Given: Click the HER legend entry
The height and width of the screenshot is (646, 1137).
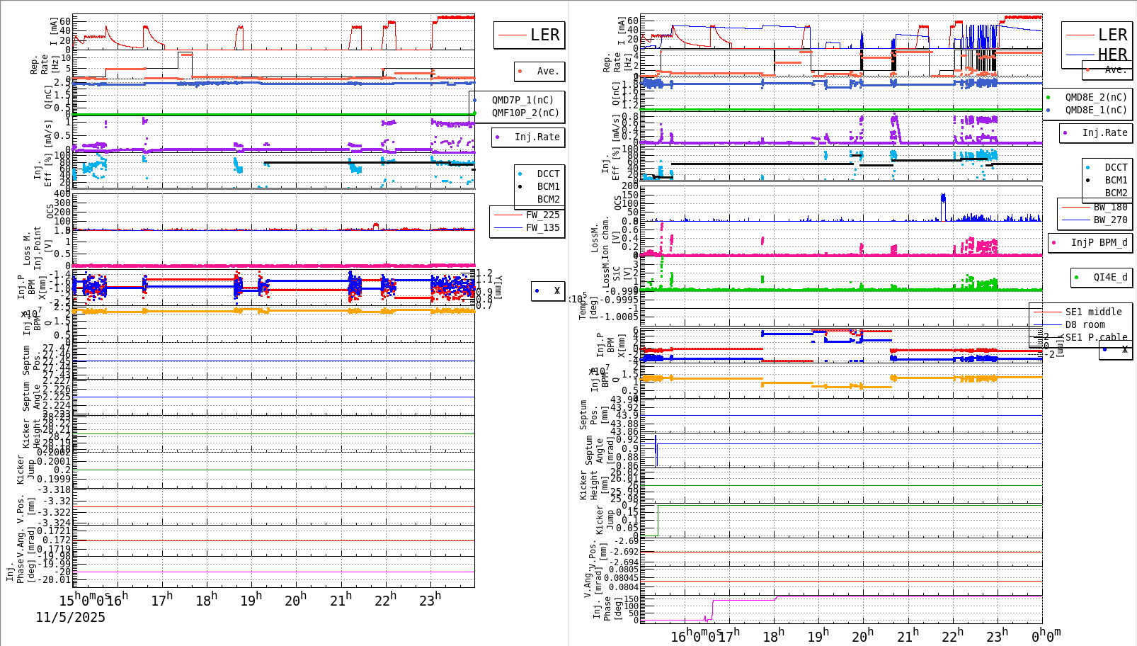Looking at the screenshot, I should coord(1112,55).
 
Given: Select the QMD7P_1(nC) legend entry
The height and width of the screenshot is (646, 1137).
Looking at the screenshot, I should coord(522,100).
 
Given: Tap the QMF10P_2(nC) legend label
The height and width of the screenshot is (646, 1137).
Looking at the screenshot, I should coord(525,113).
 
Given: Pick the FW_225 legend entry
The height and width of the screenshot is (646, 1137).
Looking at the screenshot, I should coord(542,215).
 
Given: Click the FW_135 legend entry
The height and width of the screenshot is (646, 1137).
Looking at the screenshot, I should coord(542,227).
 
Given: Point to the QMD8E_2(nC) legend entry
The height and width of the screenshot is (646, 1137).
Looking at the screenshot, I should coord(1095,97).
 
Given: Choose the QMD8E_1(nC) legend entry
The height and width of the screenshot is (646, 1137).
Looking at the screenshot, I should coord(1095,110).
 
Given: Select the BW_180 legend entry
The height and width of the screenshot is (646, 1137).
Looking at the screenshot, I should coord(1110,207).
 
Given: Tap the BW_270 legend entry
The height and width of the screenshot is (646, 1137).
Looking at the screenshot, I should coord(1110,220).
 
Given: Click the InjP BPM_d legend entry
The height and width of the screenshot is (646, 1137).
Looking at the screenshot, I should coord(1099,242).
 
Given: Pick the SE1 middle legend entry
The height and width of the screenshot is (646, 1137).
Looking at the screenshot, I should coord(1093,312).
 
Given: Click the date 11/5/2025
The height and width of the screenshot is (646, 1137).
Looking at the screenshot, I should coord(71,618).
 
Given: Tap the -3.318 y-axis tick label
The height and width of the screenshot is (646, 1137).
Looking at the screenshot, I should coord(54,489).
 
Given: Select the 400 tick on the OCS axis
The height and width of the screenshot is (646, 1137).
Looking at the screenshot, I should coord(62,193).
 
